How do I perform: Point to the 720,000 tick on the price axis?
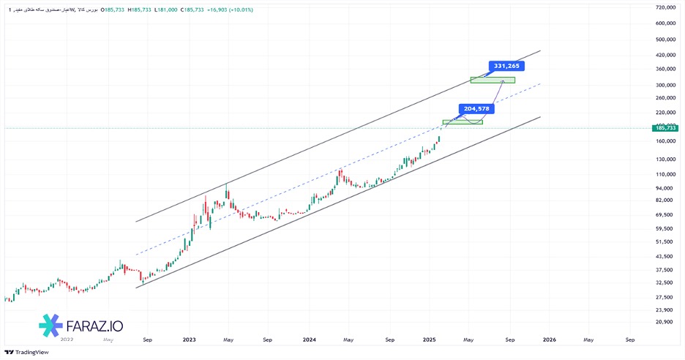(x=665, y=7)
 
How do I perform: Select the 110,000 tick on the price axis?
(x=665, y=174)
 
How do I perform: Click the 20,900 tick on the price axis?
(x=665, y=322)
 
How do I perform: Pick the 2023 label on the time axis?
(x=189, y=340)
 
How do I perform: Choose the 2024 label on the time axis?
(x=309, y=340)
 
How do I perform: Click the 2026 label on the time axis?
(x=549, y=340)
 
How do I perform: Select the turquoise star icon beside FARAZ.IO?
(x=50, y=324)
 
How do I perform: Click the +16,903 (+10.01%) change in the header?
(x=231, y=9)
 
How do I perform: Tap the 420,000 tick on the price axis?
(x=665, y=55)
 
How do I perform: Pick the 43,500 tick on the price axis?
(x=665, y=255)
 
